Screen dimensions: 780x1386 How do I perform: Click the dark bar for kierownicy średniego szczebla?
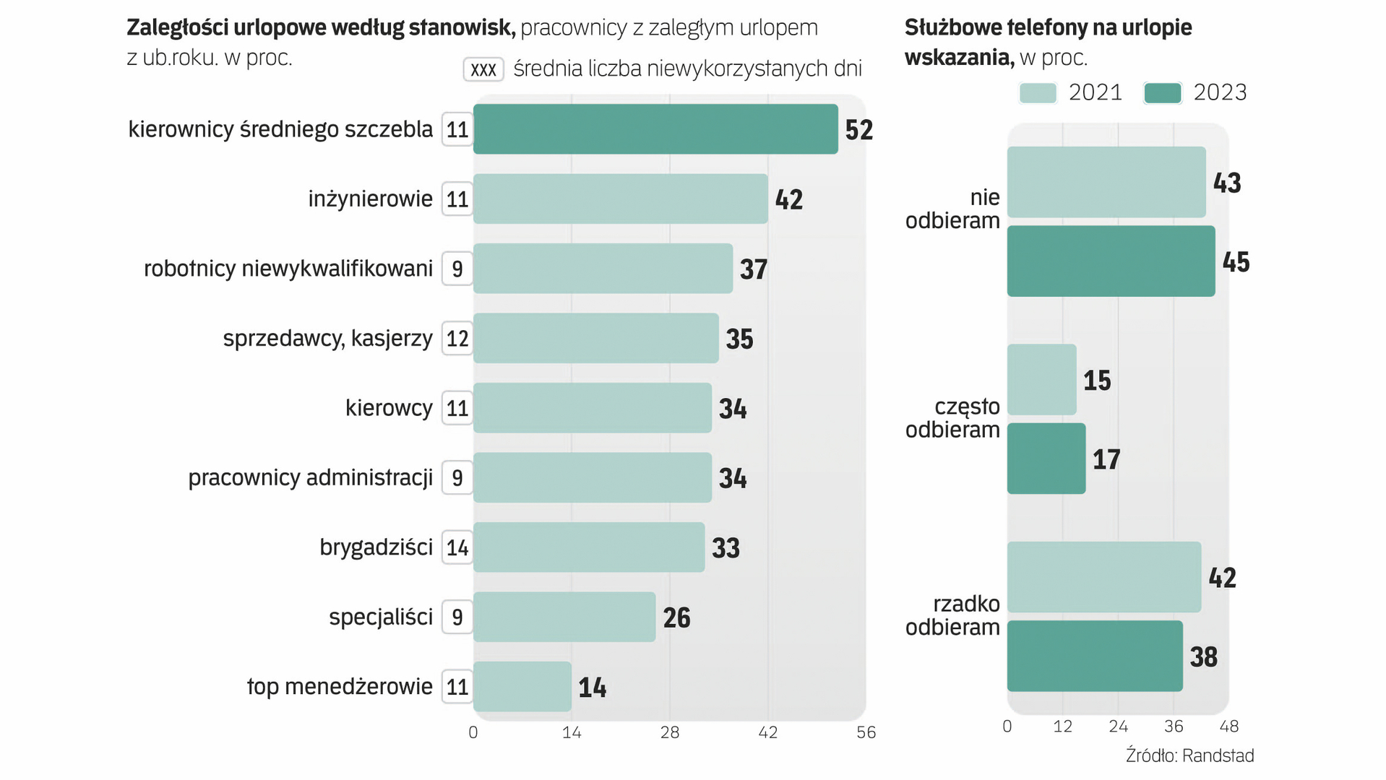(x=655, y=129)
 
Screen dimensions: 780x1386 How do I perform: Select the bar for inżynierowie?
(x=620, y=199)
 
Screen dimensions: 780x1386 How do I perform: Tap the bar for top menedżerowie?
(x=522, y=687)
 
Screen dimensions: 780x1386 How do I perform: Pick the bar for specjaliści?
(x=564, y=617)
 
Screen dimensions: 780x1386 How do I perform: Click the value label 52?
(x=858, y=130)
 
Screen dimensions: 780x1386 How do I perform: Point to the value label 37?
(x=753, y=269)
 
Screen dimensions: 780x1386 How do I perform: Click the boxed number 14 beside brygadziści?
(x=457, y=547)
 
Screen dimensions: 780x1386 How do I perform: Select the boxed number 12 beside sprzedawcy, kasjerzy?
(x=457, y=338)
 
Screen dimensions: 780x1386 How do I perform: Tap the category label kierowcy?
(x=389, y=408)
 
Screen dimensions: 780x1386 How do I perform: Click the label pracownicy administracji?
(x=310, y=477)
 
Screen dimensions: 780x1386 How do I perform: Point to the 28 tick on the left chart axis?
(x=669, y=732)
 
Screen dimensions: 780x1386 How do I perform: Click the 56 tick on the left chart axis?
(x=866, y=732)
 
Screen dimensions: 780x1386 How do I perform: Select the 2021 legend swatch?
(x=1038, y=93)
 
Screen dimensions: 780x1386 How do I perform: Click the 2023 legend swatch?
(x=1163, y=93)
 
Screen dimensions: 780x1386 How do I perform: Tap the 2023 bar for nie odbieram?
(x=1111, y=261)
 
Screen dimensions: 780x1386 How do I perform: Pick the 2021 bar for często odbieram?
(x=1041, y=380)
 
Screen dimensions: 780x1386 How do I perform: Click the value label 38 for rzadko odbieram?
(x=1203, y=657)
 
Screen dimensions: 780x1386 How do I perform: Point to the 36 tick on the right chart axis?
(x=1174, y=727)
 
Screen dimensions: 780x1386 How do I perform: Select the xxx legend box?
(x=483, y=69)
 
